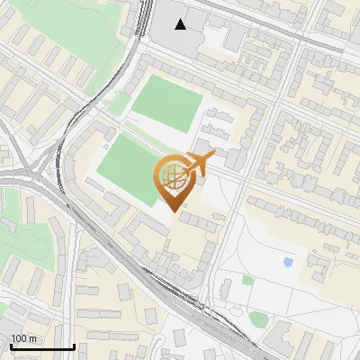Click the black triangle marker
(x=181, y=24)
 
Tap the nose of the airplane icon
(x=214, y=158)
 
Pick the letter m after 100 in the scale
(x=32, y=338)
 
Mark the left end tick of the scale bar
(x=10, y=346)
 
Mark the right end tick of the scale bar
(x=74, y=346)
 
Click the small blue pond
(x=288, y=263)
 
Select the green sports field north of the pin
(x=167, y=102)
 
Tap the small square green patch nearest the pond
(x=247, y=280)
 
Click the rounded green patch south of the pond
(x=260, y=319)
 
